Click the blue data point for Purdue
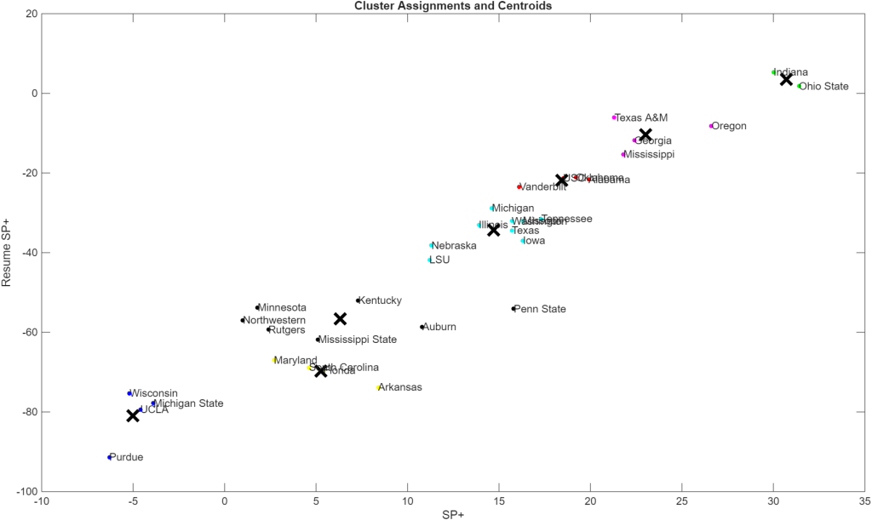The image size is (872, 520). tap(110, 457)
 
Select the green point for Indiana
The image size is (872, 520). tap(773, 72)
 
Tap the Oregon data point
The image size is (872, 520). tap(711, 126)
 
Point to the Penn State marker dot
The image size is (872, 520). tap(513, 309)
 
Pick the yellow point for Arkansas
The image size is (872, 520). tap(378, 387)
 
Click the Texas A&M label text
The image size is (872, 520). tap(641, 117)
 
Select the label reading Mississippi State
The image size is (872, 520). tap(358, 340)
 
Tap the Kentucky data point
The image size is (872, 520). tap(358, 300)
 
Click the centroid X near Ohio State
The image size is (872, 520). tap(786, 79)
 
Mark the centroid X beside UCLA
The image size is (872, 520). tap(133, 415)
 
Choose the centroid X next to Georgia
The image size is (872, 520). tap(645, 134)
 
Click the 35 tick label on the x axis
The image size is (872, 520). tap(864, 503)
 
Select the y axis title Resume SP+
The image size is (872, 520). tap(7, 253)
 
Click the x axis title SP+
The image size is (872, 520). tap(453, 515)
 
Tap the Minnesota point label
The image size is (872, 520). tap(283, 308)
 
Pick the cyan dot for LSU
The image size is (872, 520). tap(430, 260)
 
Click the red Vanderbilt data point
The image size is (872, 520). tap(519, 186)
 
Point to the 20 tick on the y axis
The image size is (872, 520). tap(29, 14)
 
